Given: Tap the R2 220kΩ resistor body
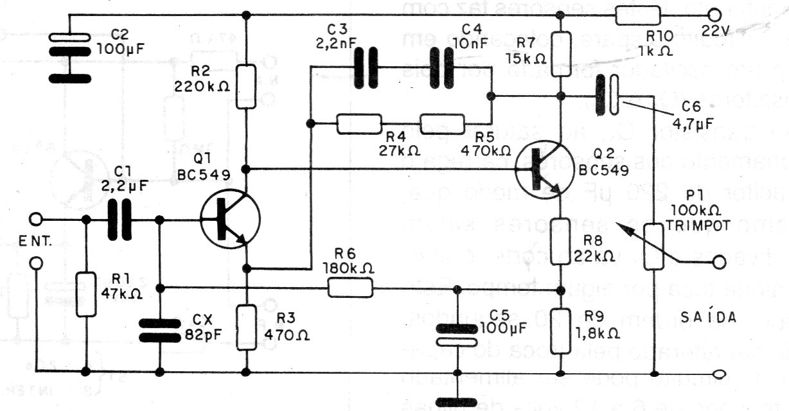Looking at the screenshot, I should click(x=247, y=85).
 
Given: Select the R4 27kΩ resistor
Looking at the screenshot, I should click(x=359, y=125).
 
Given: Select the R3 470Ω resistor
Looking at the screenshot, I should click(x=247, y=327).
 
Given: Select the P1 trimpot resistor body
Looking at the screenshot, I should click(x=655, y=247).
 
